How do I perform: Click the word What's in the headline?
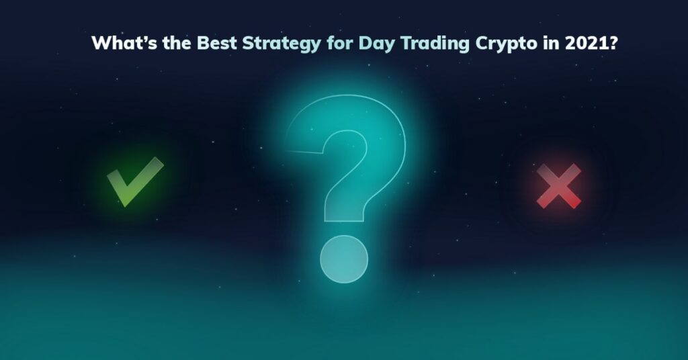click(124, 44)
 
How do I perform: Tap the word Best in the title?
click(217, 44)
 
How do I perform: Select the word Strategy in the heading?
click(282, 44)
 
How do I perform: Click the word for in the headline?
click(339, 44)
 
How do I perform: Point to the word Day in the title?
click(376, 44)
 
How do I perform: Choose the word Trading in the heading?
click(435, 44)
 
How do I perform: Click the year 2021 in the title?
click(586, 44)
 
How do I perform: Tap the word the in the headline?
click(177, 44)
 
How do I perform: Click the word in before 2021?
click(551, 44)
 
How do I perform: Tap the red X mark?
click(558, 186)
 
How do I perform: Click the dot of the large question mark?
click(344, 259)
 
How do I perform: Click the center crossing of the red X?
click(558, 186)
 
